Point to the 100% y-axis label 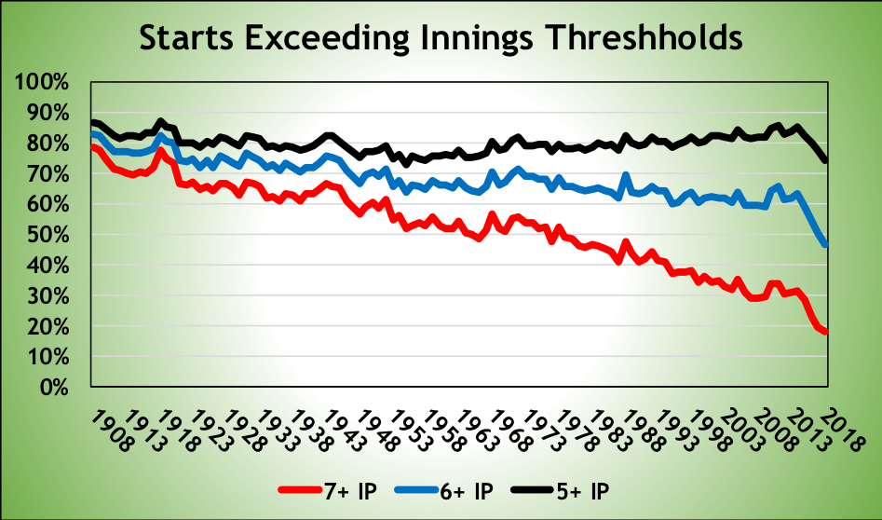click(42, 82)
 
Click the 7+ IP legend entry click(327, 490)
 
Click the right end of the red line click(826, 333)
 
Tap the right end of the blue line click(826, 245)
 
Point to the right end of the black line click(826, 161)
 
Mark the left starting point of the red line click(92, 146)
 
